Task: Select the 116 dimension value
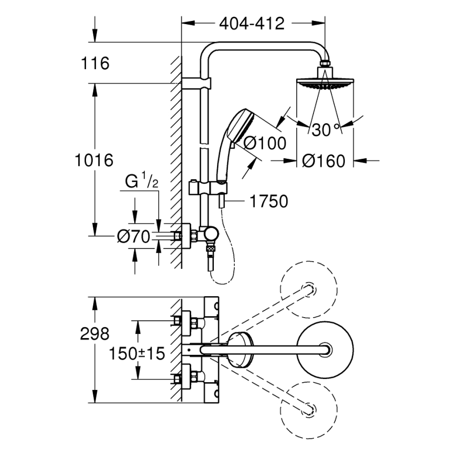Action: (95, 64)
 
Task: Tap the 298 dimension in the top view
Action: (95, 333)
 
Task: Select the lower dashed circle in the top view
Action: (309, 407)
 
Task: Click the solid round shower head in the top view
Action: (325, 348)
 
